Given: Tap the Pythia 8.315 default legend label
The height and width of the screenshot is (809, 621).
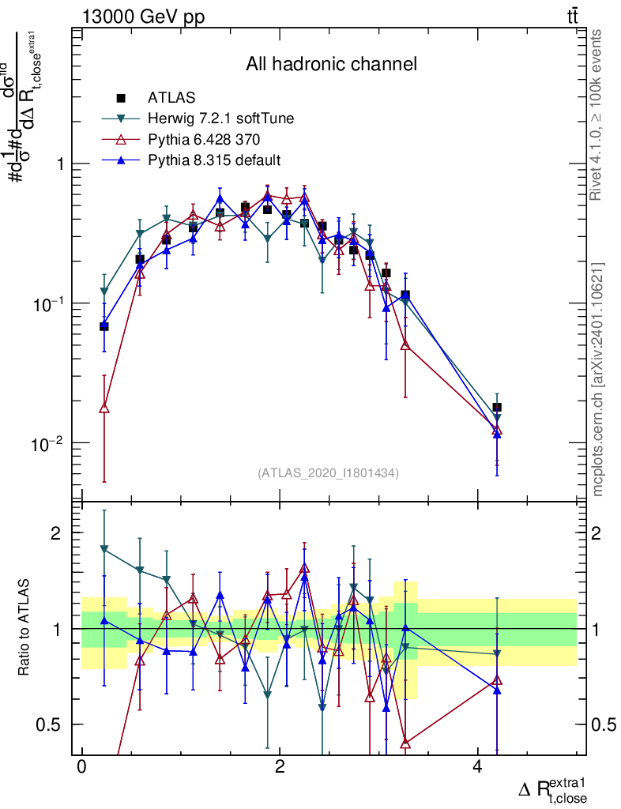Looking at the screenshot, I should [x=214, y=160].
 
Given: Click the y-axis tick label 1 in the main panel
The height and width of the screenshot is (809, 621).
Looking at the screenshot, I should [x=58, y=164].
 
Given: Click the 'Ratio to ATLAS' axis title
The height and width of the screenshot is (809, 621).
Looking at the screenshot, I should [x=26, y=630].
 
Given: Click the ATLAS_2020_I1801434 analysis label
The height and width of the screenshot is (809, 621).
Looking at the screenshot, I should [x=328, y=473].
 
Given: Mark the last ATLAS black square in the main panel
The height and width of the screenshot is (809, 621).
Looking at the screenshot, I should [x=497, y=408].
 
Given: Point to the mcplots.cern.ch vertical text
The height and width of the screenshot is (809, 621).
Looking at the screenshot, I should [x=598, y=379].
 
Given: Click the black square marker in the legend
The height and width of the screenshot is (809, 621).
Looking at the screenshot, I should [x=121, y=99].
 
